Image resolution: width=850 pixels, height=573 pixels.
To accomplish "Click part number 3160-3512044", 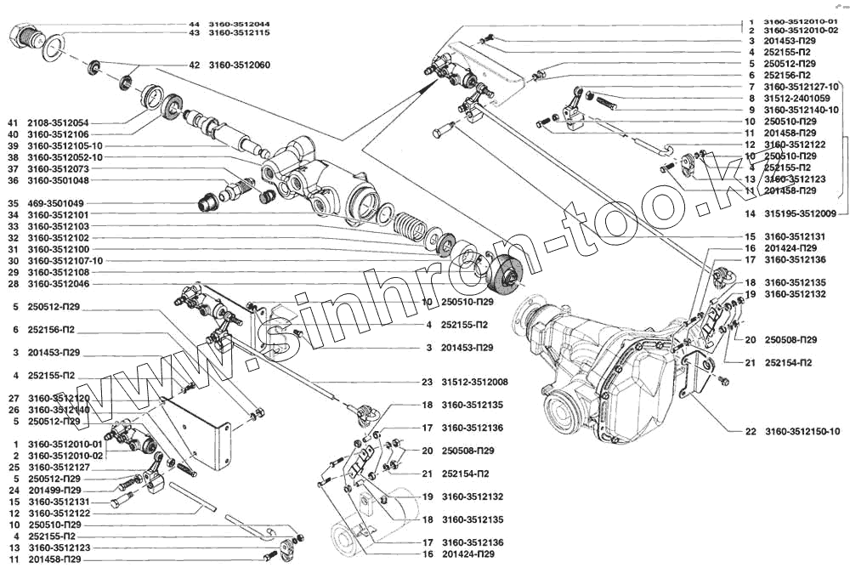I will (x=240, y=26).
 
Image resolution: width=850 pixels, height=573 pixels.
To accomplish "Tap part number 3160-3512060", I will (x=240, y=65).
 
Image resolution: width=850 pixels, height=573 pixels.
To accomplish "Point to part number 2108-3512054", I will (x=59, y=122).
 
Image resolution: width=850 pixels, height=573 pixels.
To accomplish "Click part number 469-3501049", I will (x=57, y=203).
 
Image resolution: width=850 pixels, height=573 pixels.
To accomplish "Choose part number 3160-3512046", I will (x=59, y=283).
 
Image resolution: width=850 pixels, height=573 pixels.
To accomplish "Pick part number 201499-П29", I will (x=59, y=491).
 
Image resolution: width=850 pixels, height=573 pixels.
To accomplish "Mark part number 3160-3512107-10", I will (x=64, y=260).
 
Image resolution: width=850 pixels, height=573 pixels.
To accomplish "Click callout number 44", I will (x=194, y=26).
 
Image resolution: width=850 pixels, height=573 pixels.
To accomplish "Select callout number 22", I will (x=751, y=431).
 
